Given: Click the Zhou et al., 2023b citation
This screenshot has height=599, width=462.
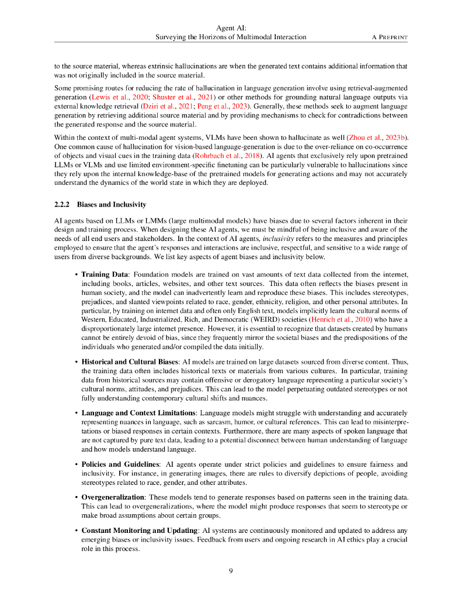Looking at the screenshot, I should pos(382,137).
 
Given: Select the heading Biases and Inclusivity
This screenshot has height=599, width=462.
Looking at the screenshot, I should pos(111,204).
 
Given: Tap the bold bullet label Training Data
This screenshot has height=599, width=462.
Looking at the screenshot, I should pos(105,274).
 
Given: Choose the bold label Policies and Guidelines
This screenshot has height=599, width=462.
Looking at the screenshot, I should pos(120,464).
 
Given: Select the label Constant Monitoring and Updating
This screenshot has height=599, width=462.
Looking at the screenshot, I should pos(139,531).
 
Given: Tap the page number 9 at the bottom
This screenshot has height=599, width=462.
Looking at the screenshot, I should pos(231,572).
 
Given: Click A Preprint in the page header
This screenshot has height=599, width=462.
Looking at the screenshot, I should pos(390,37).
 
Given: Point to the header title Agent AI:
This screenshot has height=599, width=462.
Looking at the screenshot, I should pos(231,27).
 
